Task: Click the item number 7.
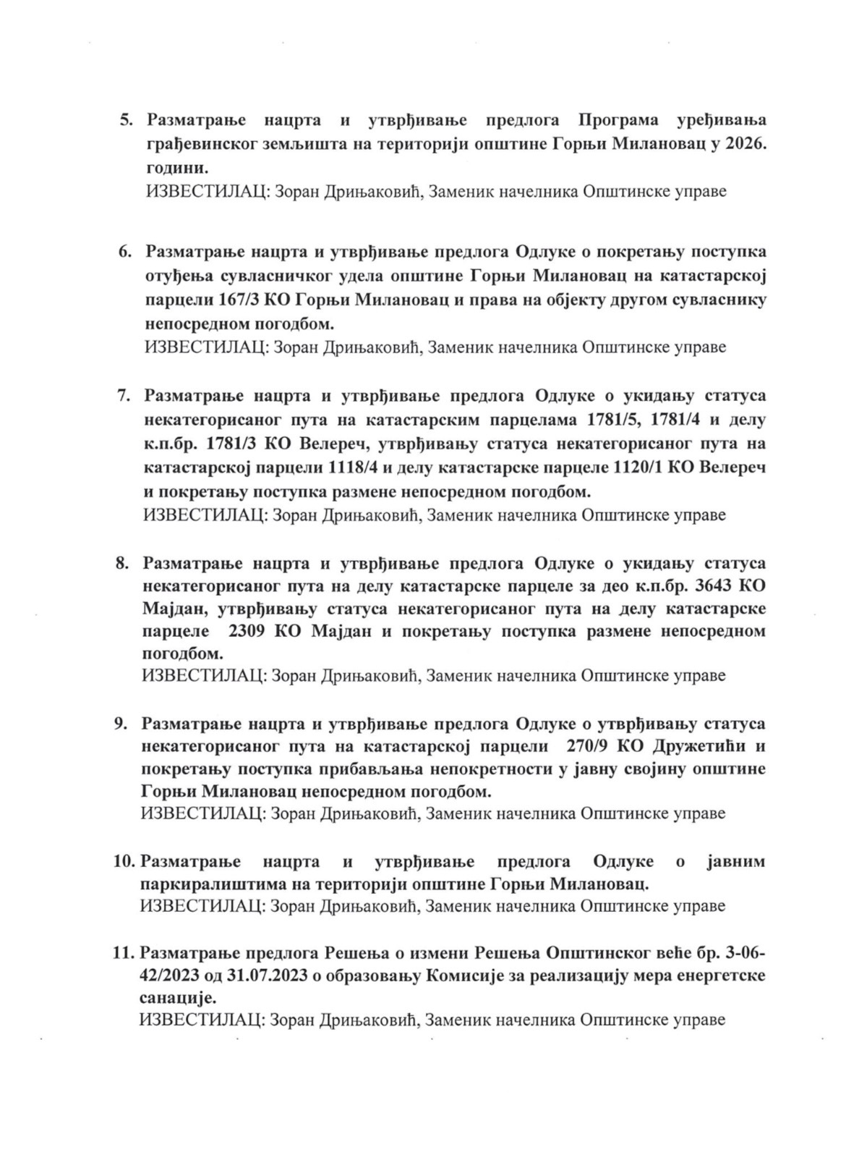124,396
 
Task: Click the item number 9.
121,724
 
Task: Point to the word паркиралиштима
202,884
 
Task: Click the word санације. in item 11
176,998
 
